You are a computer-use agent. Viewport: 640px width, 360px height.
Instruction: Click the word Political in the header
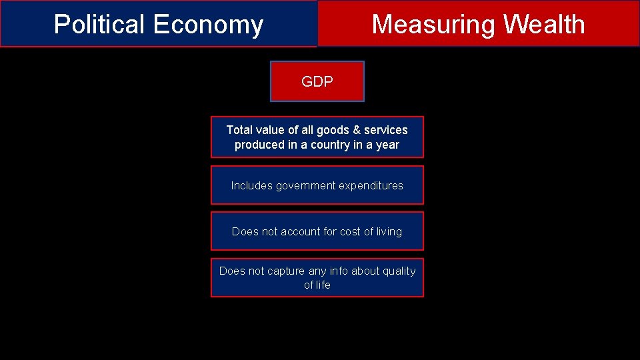[99, 25]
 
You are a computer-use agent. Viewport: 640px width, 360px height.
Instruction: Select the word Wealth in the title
[544, 25]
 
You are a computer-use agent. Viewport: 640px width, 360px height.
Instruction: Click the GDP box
[317, 81]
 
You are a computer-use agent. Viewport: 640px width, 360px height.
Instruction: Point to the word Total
[239, 130]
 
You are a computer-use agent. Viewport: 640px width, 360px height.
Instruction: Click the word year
[387, 145]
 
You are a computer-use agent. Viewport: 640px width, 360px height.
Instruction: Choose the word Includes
[248, 186]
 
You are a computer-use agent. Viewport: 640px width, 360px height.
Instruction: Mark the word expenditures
[371, 186]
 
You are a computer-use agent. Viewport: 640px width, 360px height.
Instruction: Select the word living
[389, 232]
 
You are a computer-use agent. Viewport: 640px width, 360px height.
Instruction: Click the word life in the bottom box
[323, 285]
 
